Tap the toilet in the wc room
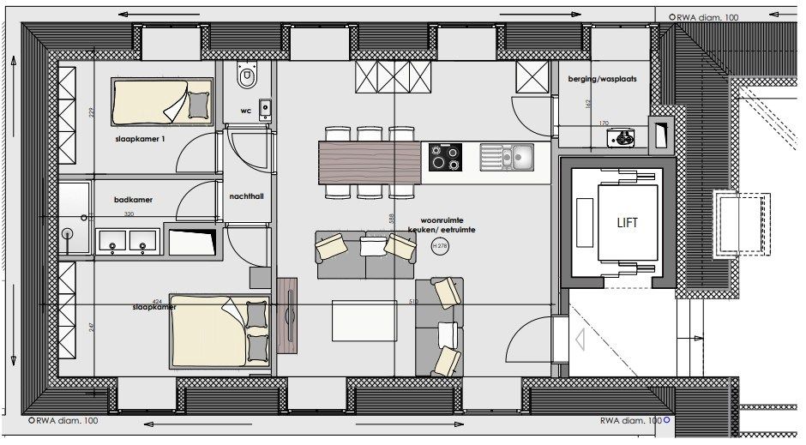click(x=248, y=78)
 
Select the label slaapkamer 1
click(x=141, y=137)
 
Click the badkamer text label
click(x=133, y=200)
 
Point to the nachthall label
click(x=247, y=196)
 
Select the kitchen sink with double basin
click(x=507, y=156)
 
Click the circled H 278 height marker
click(x=440, y=247)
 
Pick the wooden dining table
click(x=370, y=163)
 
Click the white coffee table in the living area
click(x=365, y=320)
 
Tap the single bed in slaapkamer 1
click(x=161, y=103)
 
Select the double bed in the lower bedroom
click(x=220, y=332)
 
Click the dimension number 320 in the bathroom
click(x=129, y=214)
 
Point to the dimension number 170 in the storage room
click(x=603, y=123)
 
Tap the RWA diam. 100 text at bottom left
click(x=65, y=421)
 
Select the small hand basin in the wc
click(x=265, y=108)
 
